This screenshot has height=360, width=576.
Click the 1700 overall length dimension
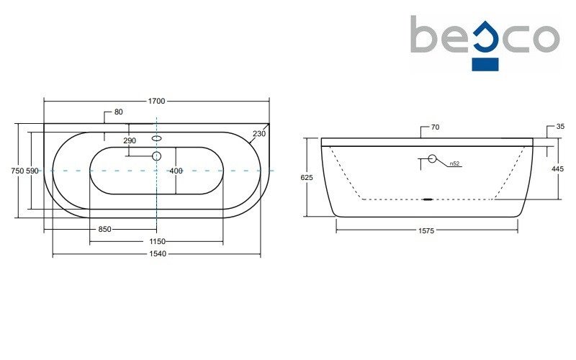[156, 101]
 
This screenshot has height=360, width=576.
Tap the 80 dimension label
[118, 112]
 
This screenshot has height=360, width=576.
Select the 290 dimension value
[130, 140]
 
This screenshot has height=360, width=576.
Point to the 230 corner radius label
[259, 134]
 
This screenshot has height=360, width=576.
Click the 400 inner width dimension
[176, 171]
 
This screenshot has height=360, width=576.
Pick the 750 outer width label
[18, 171]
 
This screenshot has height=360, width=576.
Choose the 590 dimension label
[32, 171]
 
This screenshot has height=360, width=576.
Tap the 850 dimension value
[104, 229]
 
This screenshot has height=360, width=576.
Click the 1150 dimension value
[157, 241]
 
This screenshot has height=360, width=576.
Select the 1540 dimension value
[157, 253]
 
